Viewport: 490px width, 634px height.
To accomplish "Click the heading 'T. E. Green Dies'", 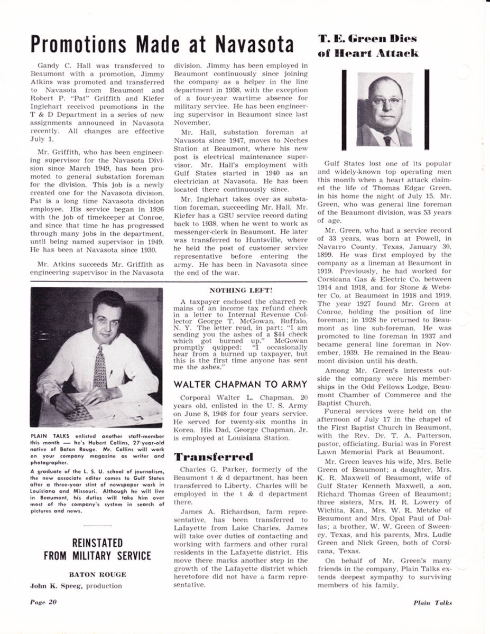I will click(367, 39).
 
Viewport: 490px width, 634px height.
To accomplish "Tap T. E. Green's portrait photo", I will click(384, 110).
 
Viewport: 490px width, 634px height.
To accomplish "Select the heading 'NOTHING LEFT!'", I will click(241, 291).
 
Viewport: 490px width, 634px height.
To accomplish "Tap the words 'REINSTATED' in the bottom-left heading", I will click(97, 543).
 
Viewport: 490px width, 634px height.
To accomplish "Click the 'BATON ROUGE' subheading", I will click(97, 574).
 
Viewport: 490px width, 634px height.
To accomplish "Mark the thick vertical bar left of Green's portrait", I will click(344, 109).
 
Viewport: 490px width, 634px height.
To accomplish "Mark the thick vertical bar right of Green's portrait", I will click(426, 109).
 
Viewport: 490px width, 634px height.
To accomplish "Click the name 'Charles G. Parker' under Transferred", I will click(208, 469).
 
